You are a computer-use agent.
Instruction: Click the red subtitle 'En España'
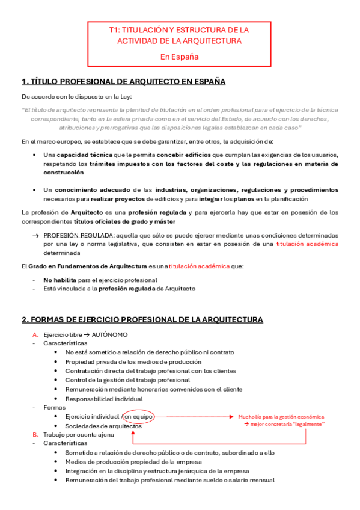179,57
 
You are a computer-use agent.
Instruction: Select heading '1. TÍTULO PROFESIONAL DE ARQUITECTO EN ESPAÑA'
123,82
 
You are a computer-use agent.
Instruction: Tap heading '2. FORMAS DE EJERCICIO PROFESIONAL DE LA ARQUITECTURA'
142,319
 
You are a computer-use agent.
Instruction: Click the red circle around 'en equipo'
138,416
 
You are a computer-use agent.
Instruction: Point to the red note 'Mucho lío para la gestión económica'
281,416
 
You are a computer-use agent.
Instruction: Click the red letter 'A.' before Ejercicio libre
35,334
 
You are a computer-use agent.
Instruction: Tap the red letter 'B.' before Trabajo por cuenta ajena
35,434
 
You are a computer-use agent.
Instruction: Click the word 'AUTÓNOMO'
110,334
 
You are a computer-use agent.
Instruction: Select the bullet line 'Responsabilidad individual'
104,398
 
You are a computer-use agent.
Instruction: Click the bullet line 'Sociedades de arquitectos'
103,426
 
